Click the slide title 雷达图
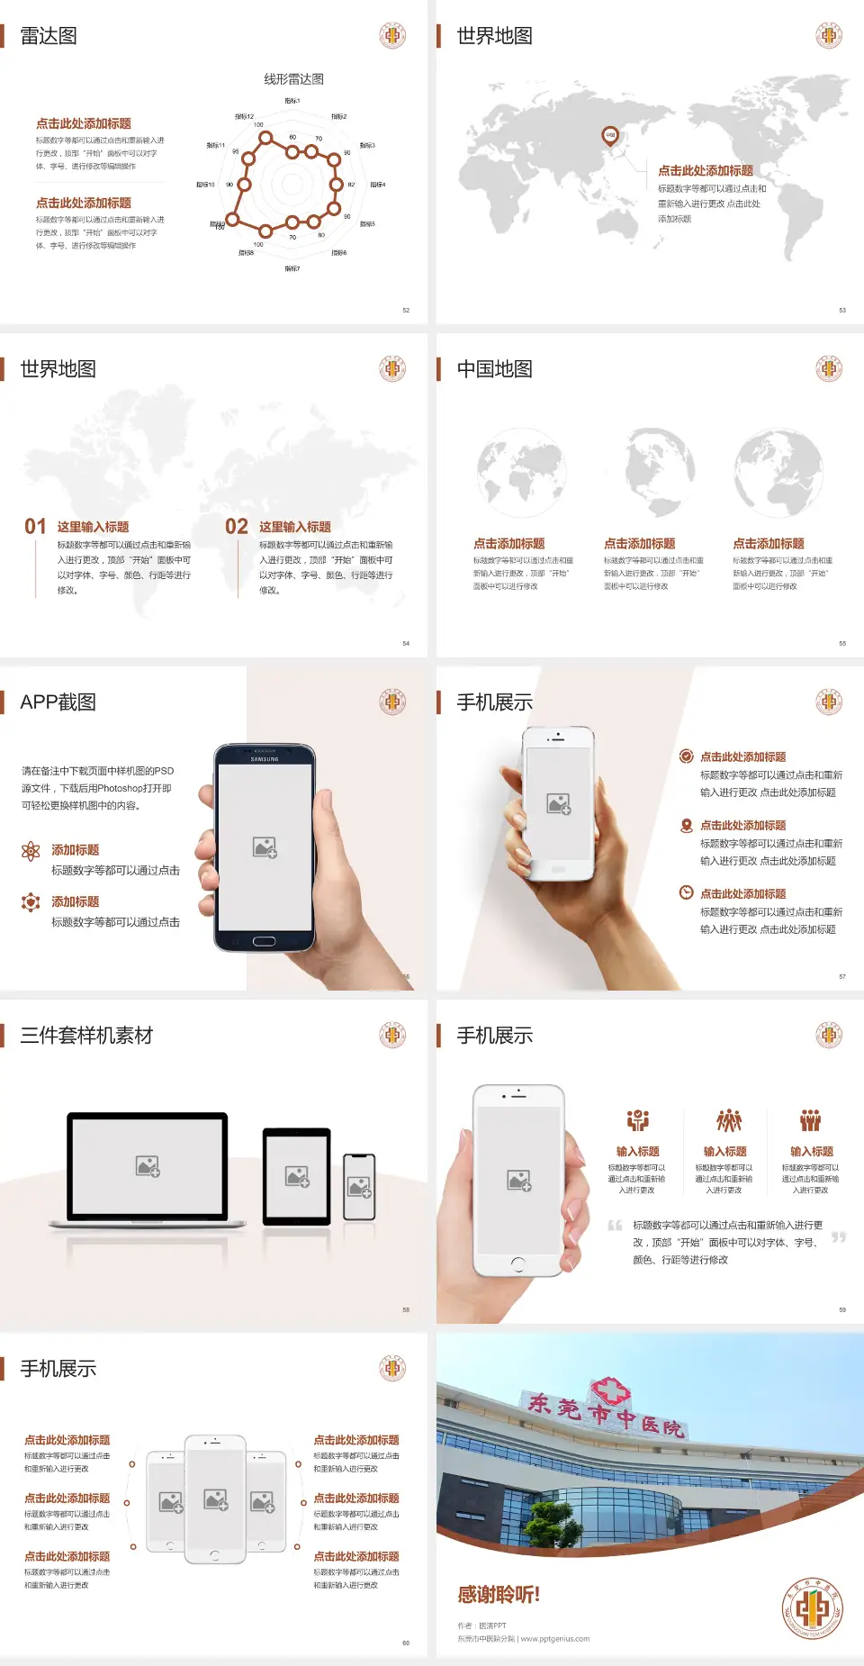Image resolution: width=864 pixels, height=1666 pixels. pyautogui.click(x=49, y=36)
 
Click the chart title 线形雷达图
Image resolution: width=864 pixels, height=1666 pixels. pyautogui.click(x=293, y=79)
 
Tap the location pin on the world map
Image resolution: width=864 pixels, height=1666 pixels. pyautogui.click(x=609, y=135)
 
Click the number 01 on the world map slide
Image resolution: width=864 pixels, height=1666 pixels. pyautogui.click(x=35, y=526)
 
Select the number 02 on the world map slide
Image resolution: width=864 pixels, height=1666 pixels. pyautogui.click(x=237, y=526)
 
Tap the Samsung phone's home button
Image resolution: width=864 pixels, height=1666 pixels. pyautogui.click(x=264, y=941)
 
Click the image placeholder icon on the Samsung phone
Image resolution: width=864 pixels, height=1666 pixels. pyautogui.click(x=265, y=847)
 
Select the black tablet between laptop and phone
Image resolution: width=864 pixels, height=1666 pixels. pyautogui.click(x=297, y=1176)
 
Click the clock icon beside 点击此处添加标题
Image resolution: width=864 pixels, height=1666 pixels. pyautogui.click(x=686, y=892)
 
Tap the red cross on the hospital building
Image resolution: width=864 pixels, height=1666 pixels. pyautogui.click(x=610, y=1392)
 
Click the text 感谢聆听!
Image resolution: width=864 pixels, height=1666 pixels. pyautogui.click(x=498, y=1595)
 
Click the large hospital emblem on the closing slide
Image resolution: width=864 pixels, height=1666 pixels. pyautogui.click(x=813, y=1607)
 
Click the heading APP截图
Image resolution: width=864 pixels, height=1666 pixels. pyautogui.click(x=58, y=702)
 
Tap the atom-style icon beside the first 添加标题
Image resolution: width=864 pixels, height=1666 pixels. pyautogui.click(x=31, y=851)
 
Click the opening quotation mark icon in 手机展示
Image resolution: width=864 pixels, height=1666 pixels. pyautogui.click(x=615, y=1226)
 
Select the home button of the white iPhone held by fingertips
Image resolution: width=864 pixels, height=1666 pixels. pyautogui.click(x=517, y=1264)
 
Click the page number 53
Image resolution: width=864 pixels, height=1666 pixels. pyautogui.click(x=842, y=310)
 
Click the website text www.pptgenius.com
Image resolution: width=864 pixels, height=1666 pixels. pyautogui.click(x=554, y=1639)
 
